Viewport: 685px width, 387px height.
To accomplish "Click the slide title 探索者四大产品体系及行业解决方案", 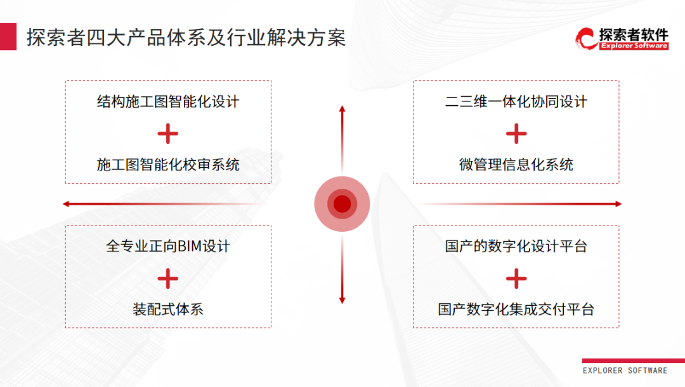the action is coord(186,37).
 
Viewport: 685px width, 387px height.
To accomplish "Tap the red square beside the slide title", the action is coord(8,37).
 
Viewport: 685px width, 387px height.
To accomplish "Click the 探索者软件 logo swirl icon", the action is coord(586,39).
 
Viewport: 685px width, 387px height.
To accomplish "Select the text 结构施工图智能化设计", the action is coord(168,101).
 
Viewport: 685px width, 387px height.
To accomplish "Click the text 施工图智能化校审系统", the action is coord(168,165).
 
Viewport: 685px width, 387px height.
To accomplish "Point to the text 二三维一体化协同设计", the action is coord(516,101).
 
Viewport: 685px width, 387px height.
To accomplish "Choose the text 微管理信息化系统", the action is coord(516,165).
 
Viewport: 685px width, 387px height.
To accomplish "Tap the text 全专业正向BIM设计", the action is coord(168,246).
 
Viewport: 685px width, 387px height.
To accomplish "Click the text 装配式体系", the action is coord(168,309).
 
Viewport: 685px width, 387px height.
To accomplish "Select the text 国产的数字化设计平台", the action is coord(516,246).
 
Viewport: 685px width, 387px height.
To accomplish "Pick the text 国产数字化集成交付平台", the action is coord(516,309).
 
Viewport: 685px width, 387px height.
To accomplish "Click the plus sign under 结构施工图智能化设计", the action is coord(168,134).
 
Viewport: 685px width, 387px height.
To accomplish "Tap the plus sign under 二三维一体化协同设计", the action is coord(516,134).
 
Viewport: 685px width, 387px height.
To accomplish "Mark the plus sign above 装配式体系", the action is coord(168,279).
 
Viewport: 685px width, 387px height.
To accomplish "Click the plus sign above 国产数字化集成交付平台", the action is coord(516,279).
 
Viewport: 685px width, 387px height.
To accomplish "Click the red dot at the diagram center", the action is coord(342,204).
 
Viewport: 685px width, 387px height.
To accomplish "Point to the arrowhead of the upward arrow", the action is coord(342,109).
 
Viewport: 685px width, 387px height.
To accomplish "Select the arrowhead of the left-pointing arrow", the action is coord(66,204).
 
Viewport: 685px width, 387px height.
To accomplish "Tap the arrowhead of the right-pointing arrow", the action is coord(618,204).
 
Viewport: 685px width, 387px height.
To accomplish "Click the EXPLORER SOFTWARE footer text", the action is coord(625,371).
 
